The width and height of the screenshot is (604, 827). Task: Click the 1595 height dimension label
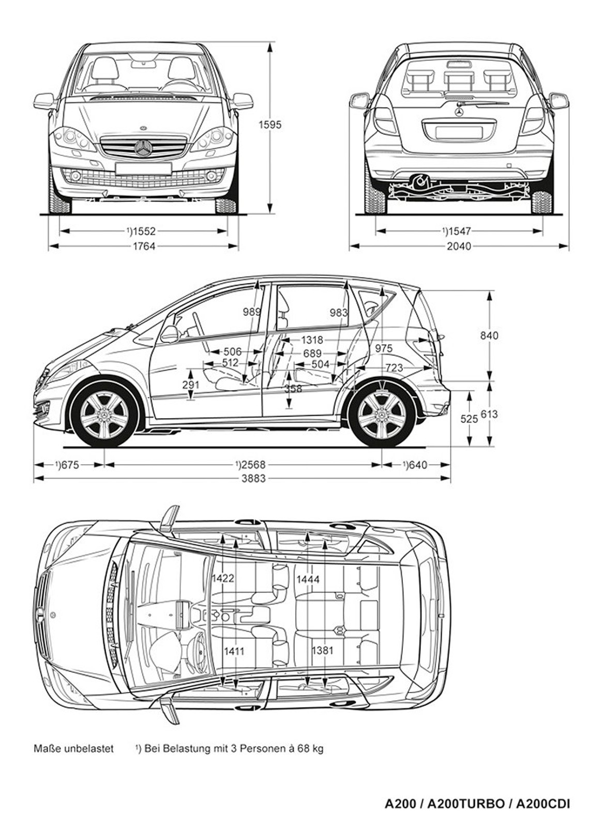click(x=270, y=125)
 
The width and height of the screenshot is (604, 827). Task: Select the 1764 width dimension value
click(x=144, y=247)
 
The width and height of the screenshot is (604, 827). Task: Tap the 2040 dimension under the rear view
click(x=459, y=247)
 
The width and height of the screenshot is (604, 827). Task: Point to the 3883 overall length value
click(x=253, y=479)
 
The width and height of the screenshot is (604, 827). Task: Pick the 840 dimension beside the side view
click(x=489, y=335)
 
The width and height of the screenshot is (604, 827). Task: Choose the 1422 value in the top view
click(x=222, y=578)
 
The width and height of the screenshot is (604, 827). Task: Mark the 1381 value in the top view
click(x=322, y=650)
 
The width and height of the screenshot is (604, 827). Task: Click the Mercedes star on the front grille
click(x=143, y=148)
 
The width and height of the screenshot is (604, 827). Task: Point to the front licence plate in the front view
click(x=143, y=168)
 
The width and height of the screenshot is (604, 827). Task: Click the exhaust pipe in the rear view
click(x=420, y=180)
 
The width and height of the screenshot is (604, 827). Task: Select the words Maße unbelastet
click(x=73, y=748)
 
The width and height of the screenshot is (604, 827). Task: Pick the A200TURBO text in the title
click(x=466, y=804)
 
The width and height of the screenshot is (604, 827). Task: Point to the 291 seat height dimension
click(x=191, y=385)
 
